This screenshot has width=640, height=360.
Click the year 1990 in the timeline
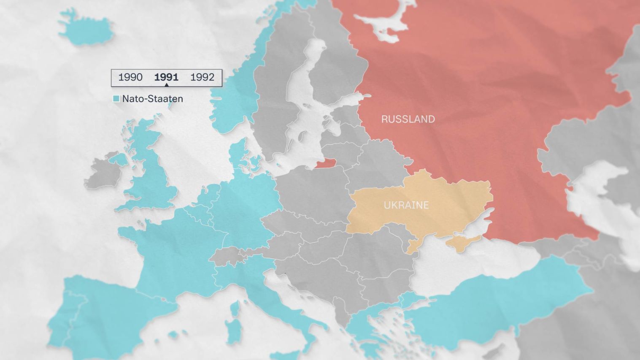[130, 77]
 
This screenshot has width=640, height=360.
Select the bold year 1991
[166, 77]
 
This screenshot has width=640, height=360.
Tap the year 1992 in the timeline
[203, 77]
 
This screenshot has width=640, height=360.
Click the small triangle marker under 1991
[166, 85]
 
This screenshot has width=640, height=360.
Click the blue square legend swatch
[116, 99]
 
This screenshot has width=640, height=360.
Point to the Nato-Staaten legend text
[152, 99]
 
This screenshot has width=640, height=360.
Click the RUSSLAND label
[408, 119]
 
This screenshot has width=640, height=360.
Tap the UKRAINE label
[406, 205]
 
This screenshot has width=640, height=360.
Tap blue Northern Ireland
[119, 159]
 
